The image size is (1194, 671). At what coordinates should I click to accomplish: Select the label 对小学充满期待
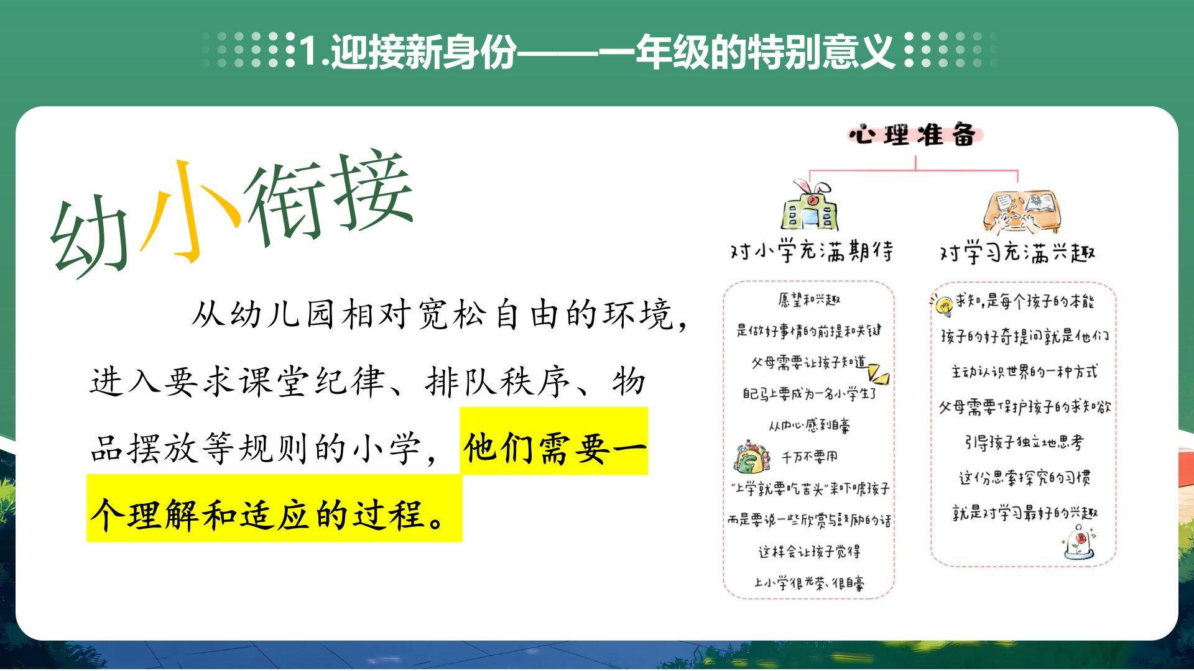point(812,252)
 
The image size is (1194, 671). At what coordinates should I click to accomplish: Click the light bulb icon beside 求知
point(942,304)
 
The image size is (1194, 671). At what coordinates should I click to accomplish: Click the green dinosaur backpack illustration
point(752,457)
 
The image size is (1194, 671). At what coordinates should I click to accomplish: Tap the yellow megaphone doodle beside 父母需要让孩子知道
point(879,373)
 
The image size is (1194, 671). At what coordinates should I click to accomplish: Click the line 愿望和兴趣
point(809,300)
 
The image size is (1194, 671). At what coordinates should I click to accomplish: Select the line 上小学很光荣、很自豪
point(809,583)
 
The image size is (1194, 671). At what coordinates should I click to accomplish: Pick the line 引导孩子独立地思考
point(1024,442)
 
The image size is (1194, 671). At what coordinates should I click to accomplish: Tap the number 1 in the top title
point(309,52)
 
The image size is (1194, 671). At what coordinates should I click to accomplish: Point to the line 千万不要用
point(810,457)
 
